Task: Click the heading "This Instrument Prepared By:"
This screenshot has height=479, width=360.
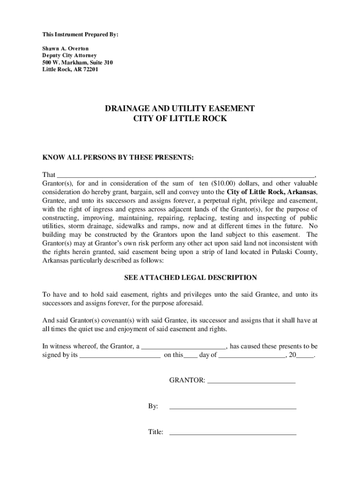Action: [74, 35]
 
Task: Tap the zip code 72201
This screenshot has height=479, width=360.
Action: [89, 70]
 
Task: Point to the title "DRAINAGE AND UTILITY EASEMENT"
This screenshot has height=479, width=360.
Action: [180, 109]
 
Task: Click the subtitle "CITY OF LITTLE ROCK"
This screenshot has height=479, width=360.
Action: [180, 119]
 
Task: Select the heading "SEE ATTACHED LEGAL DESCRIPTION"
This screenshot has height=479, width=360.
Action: [190, 277]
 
